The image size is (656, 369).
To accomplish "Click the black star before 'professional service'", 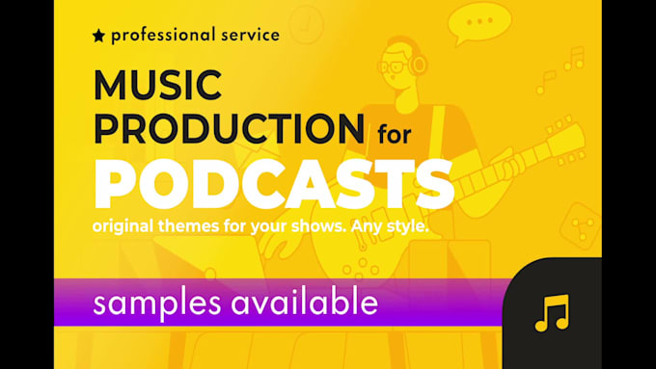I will [x=98, y=36].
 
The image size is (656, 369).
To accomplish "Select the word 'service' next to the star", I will [x=248, y=35].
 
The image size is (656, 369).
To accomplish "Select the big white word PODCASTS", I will [x=274, y=183].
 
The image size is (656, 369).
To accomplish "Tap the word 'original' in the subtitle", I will [x=127, y=225].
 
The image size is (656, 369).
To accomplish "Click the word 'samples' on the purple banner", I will [x=156, y=303].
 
